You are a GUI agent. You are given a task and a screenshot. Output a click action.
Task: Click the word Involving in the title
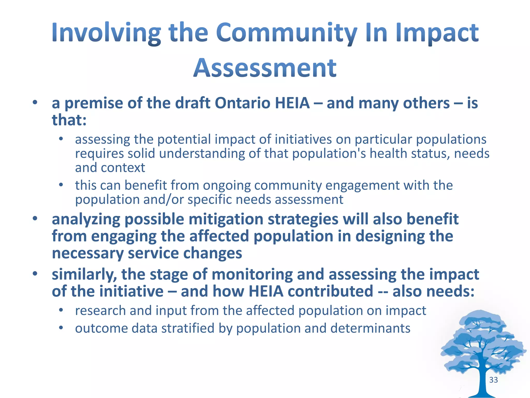106,33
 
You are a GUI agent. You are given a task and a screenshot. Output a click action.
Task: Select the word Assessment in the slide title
265,68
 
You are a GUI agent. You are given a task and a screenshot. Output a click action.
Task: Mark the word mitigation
226,219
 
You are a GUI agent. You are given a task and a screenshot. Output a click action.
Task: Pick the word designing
390,237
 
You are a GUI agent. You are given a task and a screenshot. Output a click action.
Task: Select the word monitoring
252,275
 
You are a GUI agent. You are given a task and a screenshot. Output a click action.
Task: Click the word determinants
370,328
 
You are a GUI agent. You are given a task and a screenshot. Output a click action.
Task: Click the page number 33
494,380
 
